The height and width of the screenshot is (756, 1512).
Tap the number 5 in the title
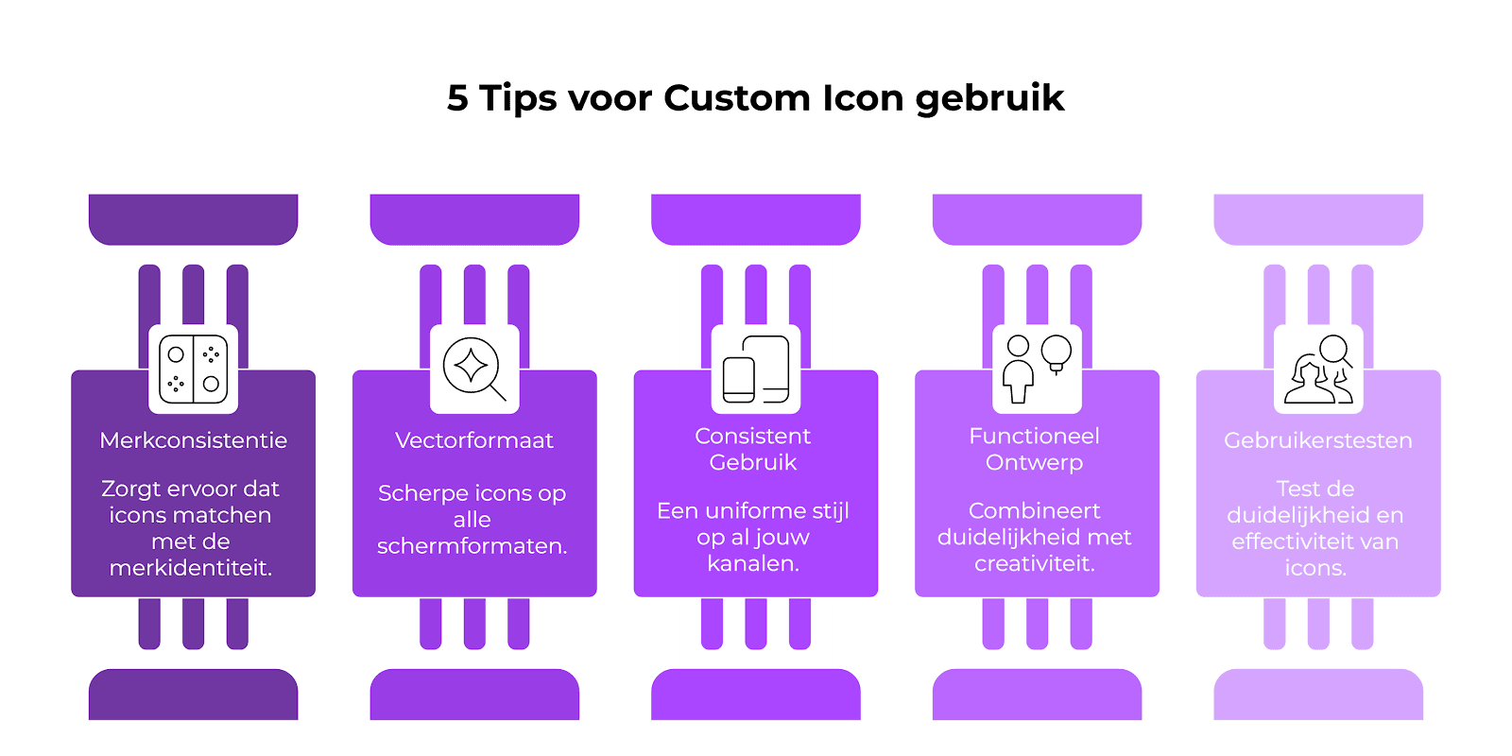click(x=457, y=98)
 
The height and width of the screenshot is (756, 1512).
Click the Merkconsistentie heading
click(x=193, y=440)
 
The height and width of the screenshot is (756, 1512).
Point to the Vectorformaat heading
click(x=473, y=440)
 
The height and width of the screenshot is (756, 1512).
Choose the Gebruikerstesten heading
click(x=1317, y=440)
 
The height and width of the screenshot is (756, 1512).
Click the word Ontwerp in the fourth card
click(x=1034, y=462)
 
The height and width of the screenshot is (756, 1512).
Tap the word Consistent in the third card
click(x=752, y=436)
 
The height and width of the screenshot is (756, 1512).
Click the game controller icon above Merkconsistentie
click(x=193, y=369)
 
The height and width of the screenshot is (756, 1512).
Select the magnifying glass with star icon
click(x=473, y=369)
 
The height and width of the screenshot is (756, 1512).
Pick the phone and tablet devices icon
click(x=755, y=369)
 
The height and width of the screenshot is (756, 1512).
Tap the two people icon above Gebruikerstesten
click(x=1319, y=369)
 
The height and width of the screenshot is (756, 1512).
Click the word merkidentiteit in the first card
click(x=190, y=568)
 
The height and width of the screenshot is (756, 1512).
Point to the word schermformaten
click(x=472, y=545)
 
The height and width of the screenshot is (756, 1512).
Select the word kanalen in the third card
click(x=752, y=563)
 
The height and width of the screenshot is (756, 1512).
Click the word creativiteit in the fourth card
click(x=1034, y=563)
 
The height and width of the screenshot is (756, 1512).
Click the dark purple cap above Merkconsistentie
click(x=193, y=219)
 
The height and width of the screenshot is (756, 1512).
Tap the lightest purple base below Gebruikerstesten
click(x=1318, y=695)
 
